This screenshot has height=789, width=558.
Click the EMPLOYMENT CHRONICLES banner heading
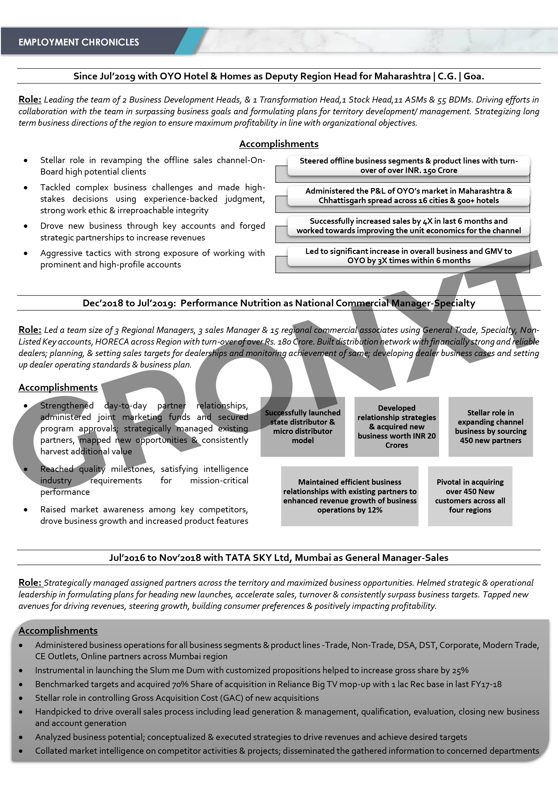[x=79, y=42]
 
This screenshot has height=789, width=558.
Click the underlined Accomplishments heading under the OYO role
[x=279, y=144]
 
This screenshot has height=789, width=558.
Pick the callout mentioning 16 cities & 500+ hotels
[x=408, y=196]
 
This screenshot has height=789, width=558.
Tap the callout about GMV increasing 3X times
[x=408, y=256]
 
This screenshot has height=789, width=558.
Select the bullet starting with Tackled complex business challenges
[x=152, y=199]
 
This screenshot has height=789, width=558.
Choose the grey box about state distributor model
[x=303, y=426]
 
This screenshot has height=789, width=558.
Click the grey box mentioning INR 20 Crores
[x=396, y=426]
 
